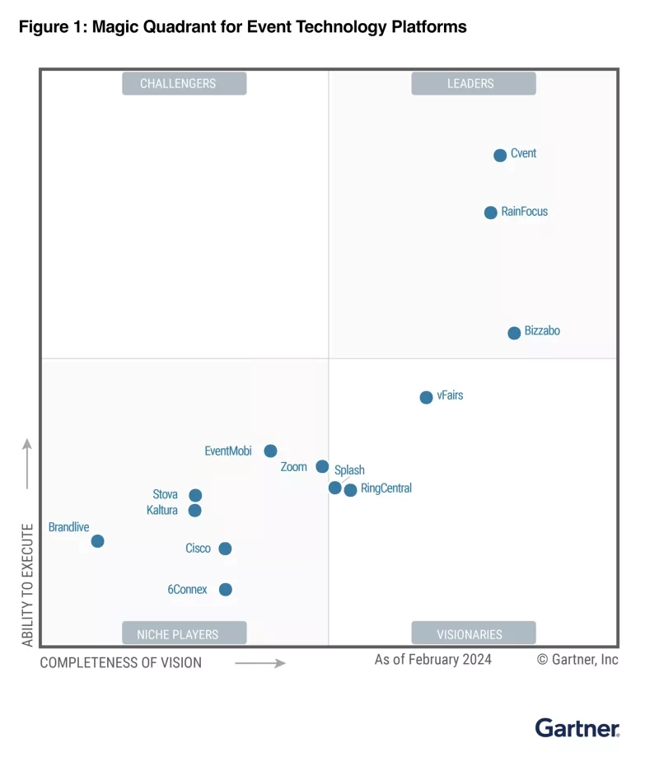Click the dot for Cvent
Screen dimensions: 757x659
pos(500,156)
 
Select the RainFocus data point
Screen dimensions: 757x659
pos(491,213)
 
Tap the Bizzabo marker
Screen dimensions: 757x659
pos(514,333)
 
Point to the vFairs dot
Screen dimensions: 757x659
pos(426,398)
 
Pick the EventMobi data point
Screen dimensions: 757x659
pos(270,451)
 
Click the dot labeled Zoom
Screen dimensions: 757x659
pos(322,467)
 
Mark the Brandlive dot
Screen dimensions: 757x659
pos(97,541)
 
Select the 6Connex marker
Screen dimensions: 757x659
pos(225,590)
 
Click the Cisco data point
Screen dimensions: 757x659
pos(225,549)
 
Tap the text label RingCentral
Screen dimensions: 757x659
pos(386,488)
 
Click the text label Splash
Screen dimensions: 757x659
pos(349,470)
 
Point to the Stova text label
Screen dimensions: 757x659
pos(165,495)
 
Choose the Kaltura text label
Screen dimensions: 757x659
pos(162,511)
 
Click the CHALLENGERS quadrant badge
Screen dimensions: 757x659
pos(185,83)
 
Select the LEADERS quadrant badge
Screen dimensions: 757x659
pos(473,83)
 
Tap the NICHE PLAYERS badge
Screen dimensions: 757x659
pos(185,633)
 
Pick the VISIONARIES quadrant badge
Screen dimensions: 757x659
pos(473,633)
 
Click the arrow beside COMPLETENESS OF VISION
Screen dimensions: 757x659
pos(259,663)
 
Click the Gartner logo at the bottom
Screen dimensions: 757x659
pos(577,728)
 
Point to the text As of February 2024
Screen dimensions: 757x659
pos(433,659)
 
